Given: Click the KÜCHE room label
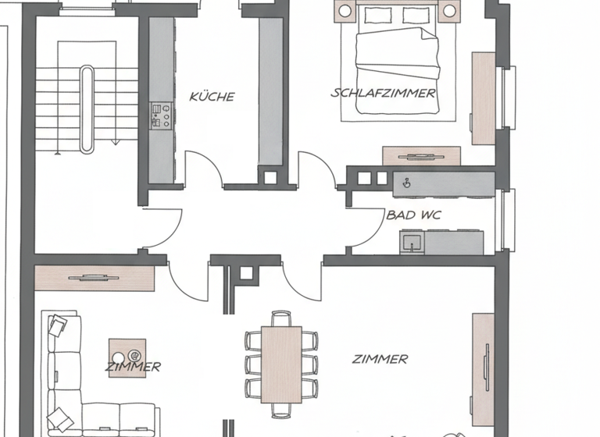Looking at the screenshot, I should tap(212, 97).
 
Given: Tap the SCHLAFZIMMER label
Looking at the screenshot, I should tap(383, 93).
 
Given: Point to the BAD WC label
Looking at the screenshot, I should tap(412, 214).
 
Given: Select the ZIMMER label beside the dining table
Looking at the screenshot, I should tap(380, 360).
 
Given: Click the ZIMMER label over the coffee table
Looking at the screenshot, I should tap(134, 366).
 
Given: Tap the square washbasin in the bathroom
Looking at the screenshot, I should tap(410, 242).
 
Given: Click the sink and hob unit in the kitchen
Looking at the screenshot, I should tap(160, 115).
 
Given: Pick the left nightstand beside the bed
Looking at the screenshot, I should tap(345, 11).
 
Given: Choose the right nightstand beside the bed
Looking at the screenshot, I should tap(448, 11).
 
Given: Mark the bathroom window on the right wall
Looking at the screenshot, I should tap(509, 219).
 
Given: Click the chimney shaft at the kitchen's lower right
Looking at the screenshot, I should tap(270, 176).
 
